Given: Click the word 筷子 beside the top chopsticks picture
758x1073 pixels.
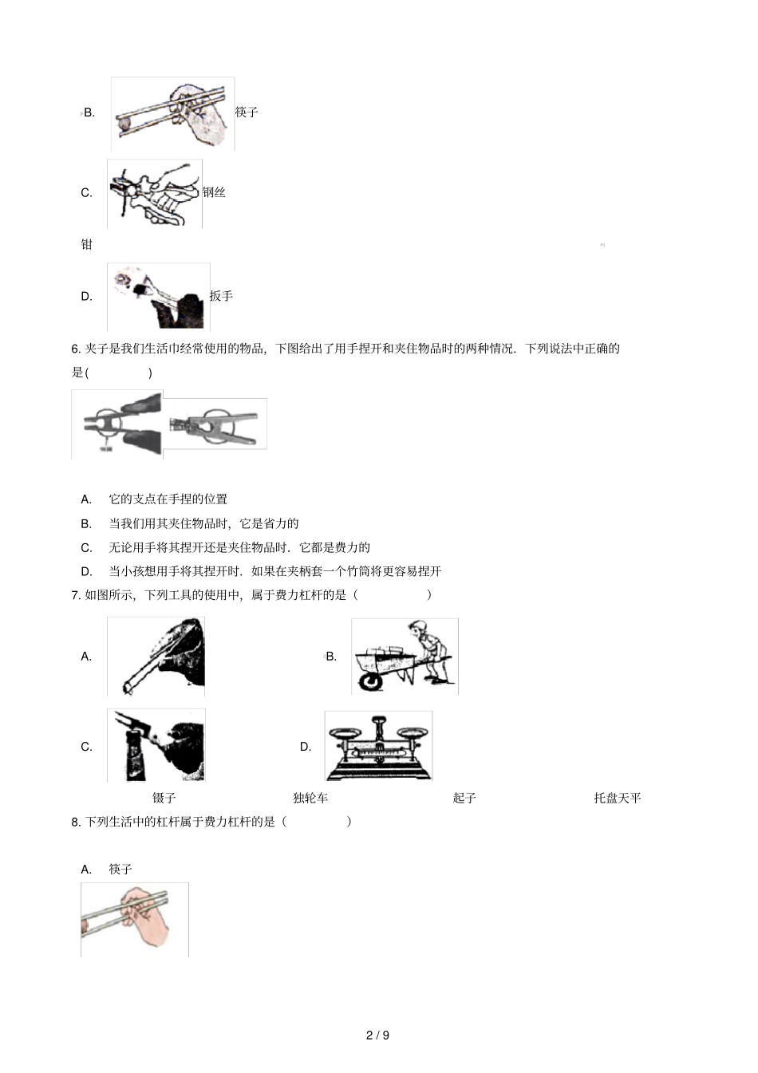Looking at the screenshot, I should pyautogui.click(x=247, y=112).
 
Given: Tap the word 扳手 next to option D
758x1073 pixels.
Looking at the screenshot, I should pyautogui.click(x=221, y=297).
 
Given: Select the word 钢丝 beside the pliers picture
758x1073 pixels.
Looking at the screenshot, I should pyautogui.click(x=214, y=192).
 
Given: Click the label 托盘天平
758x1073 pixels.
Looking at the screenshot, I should pyautogui.click(x=617, y=798).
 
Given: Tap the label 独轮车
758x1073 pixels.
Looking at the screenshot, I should pyautogui.click(x=310, y=798).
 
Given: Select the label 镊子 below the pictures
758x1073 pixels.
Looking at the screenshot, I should pyautogui.click(x=164, y=798).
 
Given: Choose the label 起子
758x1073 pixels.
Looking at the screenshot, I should pyautogui.click(x=464, y=798).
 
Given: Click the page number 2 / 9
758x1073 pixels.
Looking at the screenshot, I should pyautogui.click(x=377, y=1036).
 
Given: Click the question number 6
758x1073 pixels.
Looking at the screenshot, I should pyautogui.click(x=76, y=349).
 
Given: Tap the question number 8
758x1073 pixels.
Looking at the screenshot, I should pyautogui.click(x=76, y=822).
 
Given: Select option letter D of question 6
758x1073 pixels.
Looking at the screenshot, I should pyautogui.click(x=87, y=571).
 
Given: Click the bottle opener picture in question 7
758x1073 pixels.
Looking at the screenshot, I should pyautogui.click(x=156, y=745).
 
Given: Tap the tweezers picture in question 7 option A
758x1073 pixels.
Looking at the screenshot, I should pyautogui.click(x=156, y=656).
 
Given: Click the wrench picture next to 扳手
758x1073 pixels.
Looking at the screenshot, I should pyautogui.click(x=159, y=296).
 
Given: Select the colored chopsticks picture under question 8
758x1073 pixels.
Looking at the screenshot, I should pyautogui.click(x=134, y=920).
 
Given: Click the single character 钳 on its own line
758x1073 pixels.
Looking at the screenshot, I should pyautogui.click(x=87, y=245).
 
